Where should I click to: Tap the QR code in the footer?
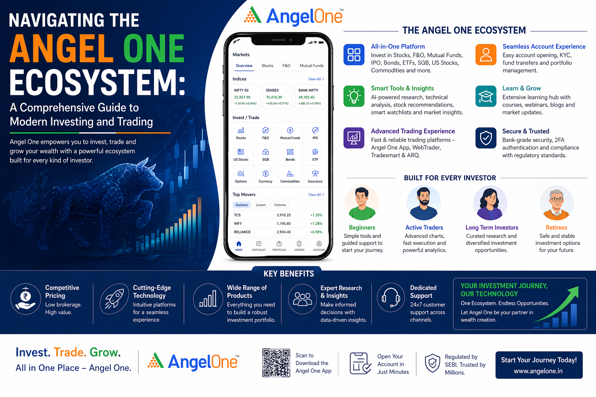[276, 363]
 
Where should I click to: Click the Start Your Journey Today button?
[539, 365]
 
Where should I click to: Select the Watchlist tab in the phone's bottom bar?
[259, 245]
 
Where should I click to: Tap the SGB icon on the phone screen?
[265, 154]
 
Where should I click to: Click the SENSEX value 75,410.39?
[274, 97]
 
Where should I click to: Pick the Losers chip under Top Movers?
[261, 205]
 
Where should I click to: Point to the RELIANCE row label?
[242, 232]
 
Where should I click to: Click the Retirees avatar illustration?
[556, 203]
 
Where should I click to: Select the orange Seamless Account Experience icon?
[486, 55]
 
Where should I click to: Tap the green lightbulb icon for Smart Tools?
[354, 96]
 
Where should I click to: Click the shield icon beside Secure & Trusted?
[486, 138]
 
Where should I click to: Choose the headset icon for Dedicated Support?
[391, 297]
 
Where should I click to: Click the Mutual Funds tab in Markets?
[312, 66]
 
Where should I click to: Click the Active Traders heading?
[424, 228]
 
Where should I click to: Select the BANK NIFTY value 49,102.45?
[307, 97]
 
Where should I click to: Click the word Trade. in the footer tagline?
[70, 352]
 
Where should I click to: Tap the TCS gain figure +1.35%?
[316, 215]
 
